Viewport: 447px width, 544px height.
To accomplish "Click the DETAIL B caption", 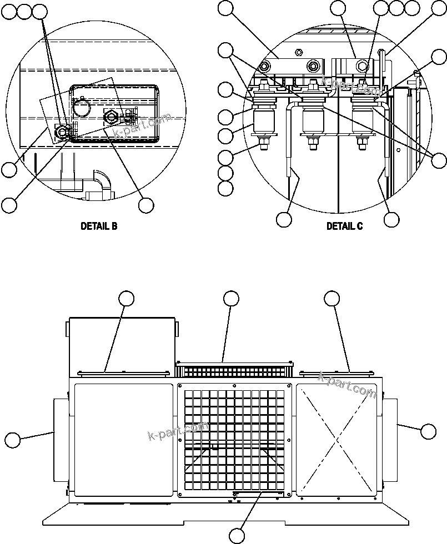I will pyautogui.click(x=99, y=226).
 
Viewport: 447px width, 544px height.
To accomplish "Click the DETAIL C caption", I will pyautogui.click(x=344, y=226).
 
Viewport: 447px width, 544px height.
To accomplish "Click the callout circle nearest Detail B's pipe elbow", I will pyautogui.click(x=146, y=205).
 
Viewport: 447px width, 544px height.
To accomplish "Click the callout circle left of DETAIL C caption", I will pyautogui.click(x=284, y=219).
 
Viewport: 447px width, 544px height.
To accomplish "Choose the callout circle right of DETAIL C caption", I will pyautogui.click(x=391, y=219).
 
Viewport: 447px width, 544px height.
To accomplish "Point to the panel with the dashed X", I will pyautogui.click(x=336, y=439).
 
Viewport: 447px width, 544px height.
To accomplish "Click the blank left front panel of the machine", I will pyautogui.click(x=123, y=439).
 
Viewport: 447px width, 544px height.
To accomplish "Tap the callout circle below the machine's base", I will pyautogui.click(x=237, y=536).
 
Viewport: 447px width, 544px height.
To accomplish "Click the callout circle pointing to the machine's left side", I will pyautogui.click(x=13, y=441).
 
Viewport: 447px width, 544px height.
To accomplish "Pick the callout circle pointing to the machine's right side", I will pyautogui.click(x=428, y=431).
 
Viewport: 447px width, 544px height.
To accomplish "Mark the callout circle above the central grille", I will pyautogui.click(x=232, y=299).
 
